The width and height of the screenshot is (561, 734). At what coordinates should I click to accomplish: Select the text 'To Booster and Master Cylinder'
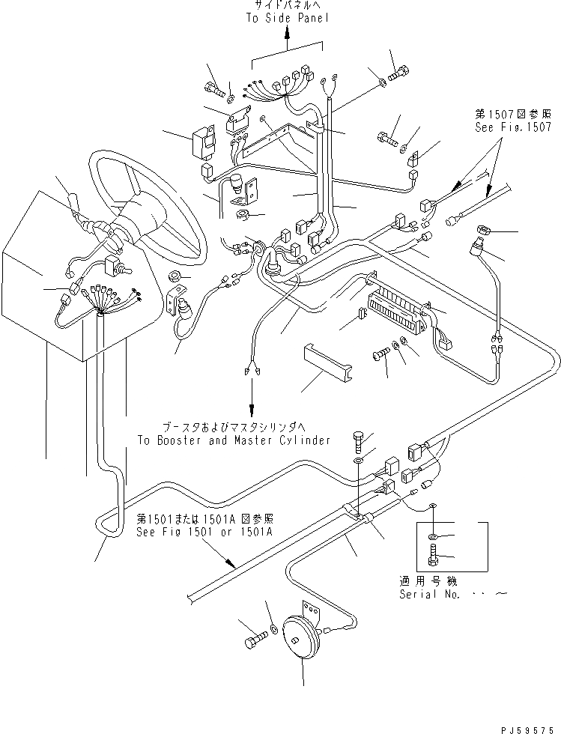tap(234, 440)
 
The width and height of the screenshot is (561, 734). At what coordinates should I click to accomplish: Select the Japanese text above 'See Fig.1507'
tap(506, 115)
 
